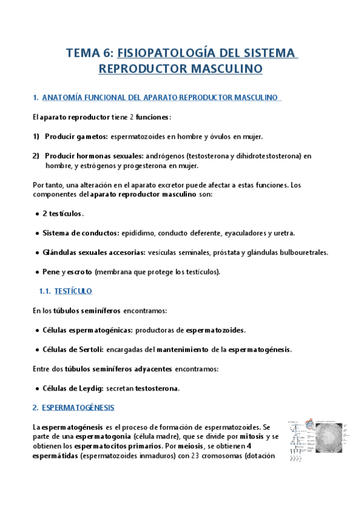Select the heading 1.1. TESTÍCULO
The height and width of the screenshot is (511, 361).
(x=65, y=291)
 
